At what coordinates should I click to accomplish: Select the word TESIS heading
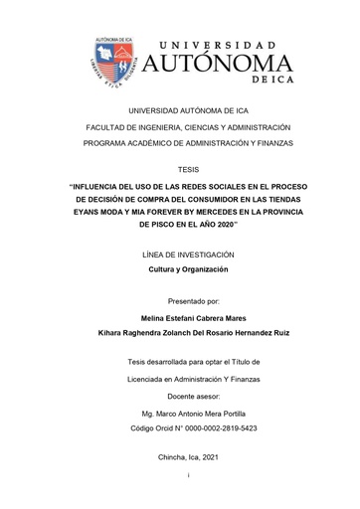point(188,169)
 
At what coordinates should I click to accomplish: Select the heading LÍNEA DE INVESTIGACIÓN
point(188,254)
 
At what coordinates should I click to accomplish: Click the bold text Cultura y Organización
point(188,269)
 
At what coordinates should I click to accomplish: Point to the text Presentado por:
point(188,299)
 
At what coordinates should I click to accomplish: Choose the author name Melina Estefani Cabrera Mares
point(188,318)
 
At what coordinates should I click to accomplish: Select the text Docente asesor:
point(188,396)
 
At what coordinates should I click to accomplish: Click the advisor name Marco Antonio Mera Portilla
point(195,413)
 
